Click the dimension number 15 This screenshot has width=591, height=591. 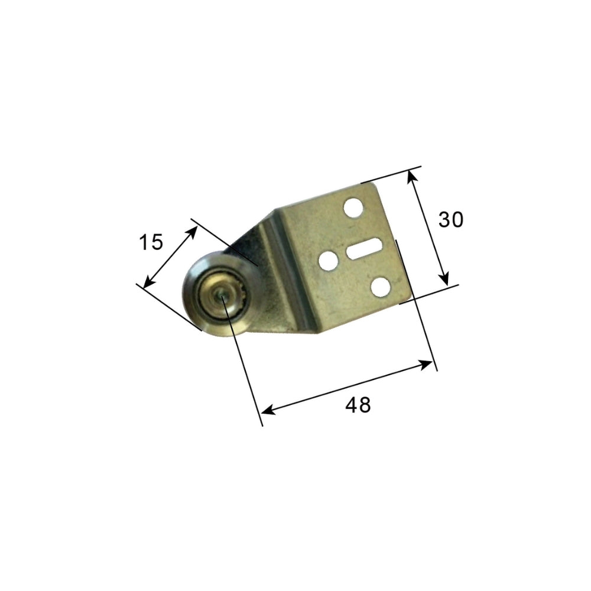pyautogui.click(x=150, y=242)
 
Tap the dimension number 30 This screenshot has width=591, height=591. pyautogui.click(x=451, y=220)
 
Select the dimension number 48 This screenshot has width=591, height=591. pyautogui.click(x=358, y=405)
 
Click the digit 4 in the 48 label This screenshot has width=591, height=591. pyautogui.click(x=351, y=405)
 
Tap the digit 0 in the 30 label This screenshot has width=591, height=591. pyautogui.click(x=457, y=220)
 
